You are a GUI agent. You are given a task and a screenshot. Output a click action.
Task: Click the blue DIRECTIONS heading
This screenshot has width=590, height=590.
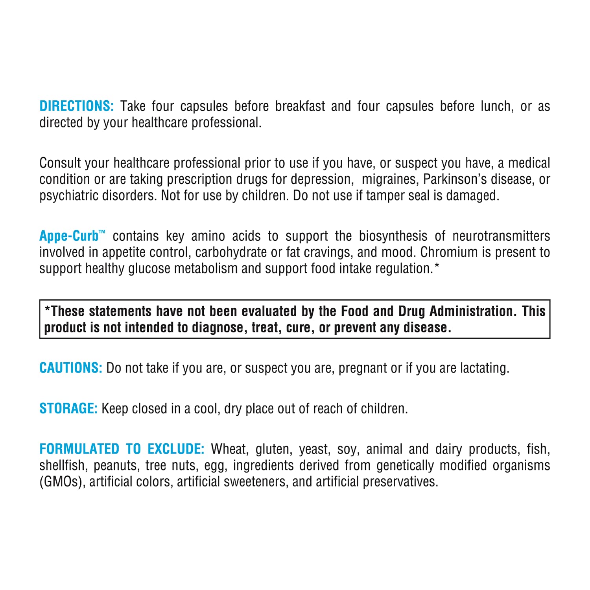[x=77, y=106]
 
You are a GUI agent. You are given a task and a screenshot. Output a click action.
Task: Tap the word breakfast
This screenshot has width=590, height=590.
[x=300, y=106]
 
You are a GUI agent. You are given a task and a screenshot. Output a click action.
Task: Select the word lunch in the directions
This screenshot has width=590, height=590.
[x=497, y=106]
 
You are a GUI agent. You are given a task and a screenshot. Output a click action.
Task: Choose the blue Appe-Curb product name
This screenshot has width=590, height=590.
[x=69, y=236]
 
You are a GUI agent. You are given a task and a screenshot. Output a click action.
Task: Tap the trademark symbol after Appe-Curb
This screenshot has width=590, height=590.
[x=102, y=232]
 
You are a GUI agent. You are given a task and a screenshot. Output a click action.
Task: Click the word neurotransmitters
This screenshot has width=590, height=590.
[x=501, y=236]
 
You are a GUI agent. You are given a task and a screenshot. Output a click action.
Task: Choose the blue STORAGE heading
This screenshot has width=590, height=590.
[x=68, y=409]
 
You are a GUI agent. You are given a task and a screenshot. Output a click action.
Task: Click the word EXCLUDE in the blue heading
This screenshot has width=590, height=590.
[x=176, y=449]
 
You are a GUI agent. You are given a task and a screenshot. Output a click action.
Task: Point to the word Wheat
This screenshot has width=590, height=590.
[x=229, y=449]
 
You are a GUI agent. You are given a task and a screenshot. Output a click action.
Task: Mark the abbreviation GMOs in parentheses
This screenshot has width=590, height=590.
[x=63, y=482]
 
